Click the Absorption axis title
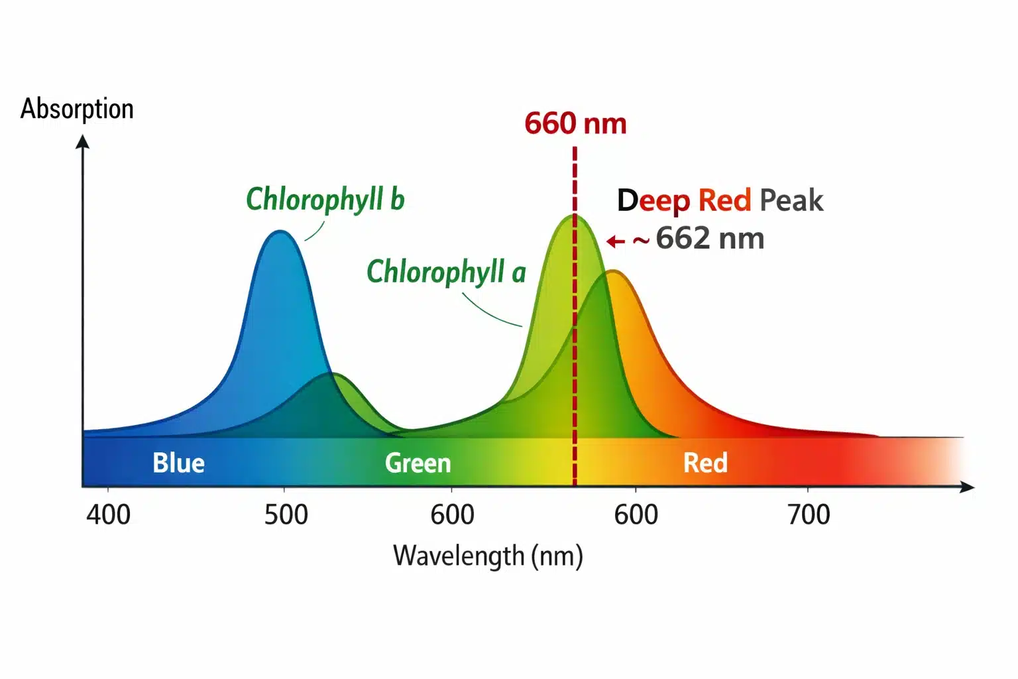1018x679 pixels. (77, 109)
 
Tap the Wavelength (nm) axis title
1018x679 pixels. (488, 556)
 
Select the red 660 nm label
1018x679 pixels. (575, 124)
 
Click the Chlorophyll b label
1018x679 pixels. (325, 200)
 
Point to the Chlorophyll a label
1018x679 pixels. (446, 272)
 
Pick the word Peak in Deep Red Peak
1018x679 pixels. (791, 200)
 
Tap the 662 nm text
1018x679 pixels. (710, 239)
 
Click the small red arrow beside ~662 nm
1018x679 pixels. (616, 241)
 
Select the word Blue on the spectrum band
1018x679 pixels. (178, 463)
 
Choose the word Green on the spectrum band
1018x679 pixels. (418, 463)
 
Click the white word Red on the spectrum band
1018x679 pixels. (705, 463)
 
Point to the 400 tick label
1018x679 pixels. (108, 515)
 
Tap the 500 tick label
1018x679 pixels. (286, 515)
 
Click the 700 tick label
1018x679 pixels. (809, 515)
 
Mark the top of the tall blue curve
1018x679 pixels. (281, 232)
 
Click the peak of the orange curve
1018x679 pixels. (613, 271)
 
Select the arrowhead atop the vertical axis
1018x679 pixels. (83, 141)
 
